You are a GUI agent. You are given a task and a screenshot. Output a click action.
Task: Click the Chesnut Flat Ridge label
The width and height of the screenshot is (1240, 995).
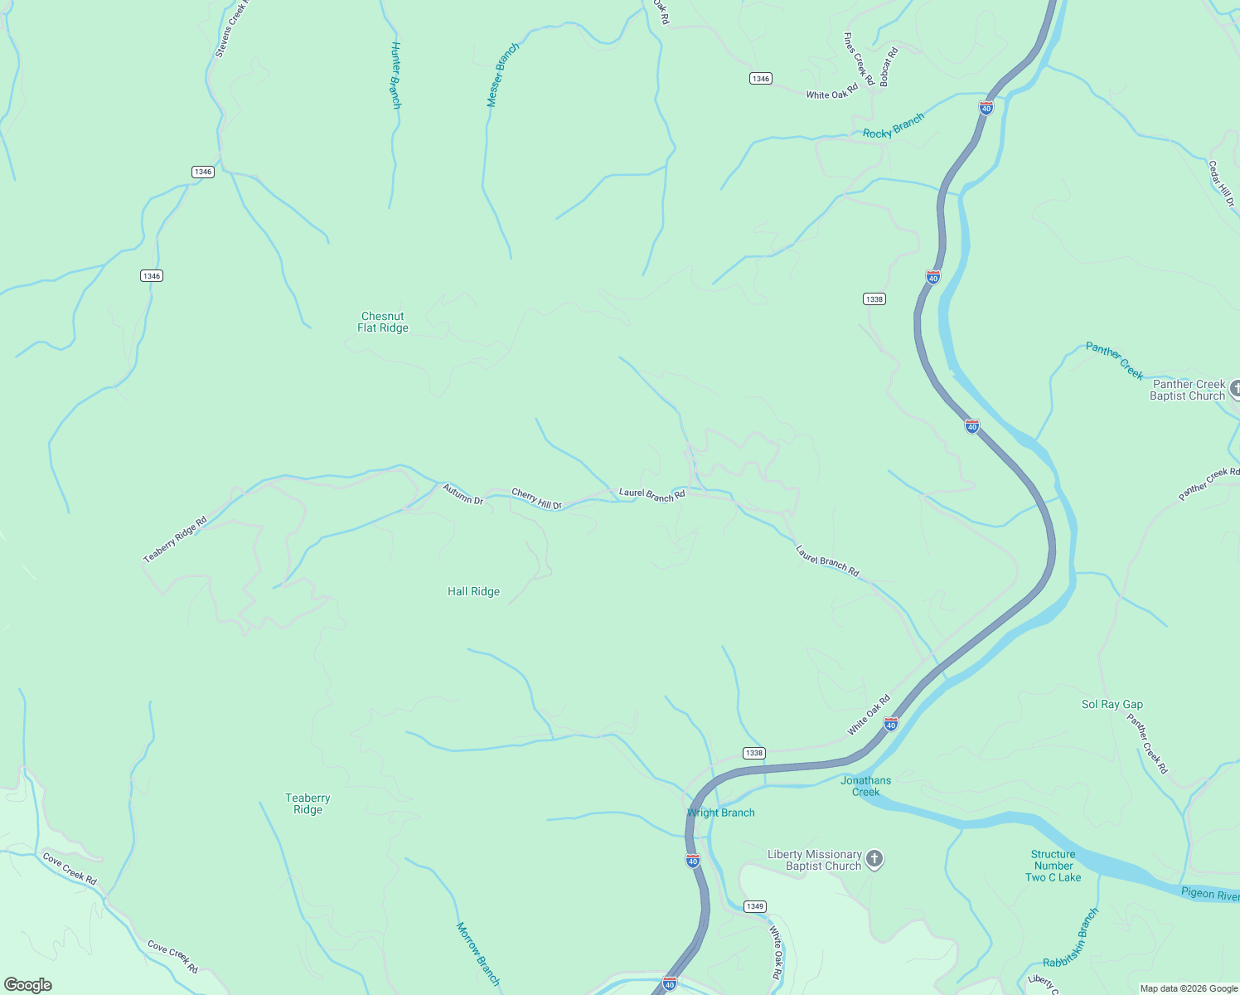[383, 322]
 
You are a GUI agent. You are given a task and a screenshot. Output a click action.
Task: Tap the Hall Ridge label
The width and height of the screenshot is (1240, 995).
[473, 591]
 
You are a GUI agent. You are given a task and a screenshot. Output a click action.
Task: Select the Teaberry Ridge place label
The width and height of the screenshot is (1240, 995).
[308, 803]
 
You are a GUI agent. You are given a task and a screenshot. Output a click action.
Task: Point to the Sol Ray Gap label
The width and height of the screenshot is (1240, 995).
[1112, 704]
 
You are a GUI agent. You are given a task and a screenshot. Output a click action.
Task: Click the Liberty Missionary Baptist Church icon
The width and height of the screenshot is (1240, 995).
[874, 859]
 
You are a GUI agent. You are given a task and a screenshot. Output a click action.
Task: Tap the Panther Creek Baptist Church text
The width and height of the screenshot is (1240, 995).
[1188, 390]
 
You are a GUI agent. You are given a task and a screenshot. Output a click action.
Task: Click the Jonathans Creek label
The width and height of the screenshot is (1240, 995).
[865, 786]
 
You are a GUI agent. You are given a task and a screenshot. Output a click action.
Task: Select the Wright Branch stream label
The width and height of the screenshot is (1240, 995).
[721, 813]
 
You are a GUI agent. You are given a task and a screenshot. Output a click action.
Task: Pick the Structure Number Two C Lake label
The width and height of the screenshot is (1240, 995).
[1053, 866]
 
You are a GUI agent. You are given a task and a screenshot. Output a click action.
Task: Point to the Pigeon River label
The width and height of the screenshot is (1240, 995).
[1209, 894]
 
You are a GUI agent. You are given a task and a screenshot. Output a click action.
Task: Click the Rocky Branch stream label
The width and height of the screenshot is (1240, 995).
[893, 127]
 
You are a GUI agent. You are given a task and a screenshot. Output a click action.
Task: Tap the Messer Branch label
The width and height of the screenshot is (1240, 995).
[502, 75]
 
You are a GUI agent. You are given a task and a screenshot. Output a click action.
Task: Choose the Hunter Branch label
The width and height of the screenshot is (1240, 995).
[396, 75]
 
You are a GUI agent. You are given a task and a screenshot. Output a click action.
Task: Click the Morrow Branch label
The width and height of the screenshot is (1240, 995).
[478, 954]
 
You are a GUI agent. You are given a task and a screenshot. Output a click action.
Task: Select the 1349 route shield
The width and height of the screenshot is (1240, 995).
[754, 906]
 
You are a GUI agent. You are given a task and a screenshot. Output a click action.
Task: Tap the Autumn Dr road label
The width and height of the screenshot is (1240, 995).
[463, 494]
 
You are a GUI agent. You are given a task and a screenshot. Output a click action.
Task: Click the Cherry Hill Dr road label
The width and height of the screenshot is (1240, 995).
[536, 498]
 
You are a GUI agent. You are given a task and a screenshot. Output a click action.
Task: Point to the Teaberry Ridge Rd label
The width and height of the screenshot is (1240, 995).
[175, 540]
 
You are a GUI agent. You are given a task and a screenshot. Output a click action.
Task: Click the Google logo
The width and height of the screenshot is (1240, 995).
[28, 985]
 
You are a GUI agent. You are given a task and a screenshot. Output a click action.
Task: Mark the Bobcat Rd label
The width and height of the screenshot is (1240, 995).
[889, 67]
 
